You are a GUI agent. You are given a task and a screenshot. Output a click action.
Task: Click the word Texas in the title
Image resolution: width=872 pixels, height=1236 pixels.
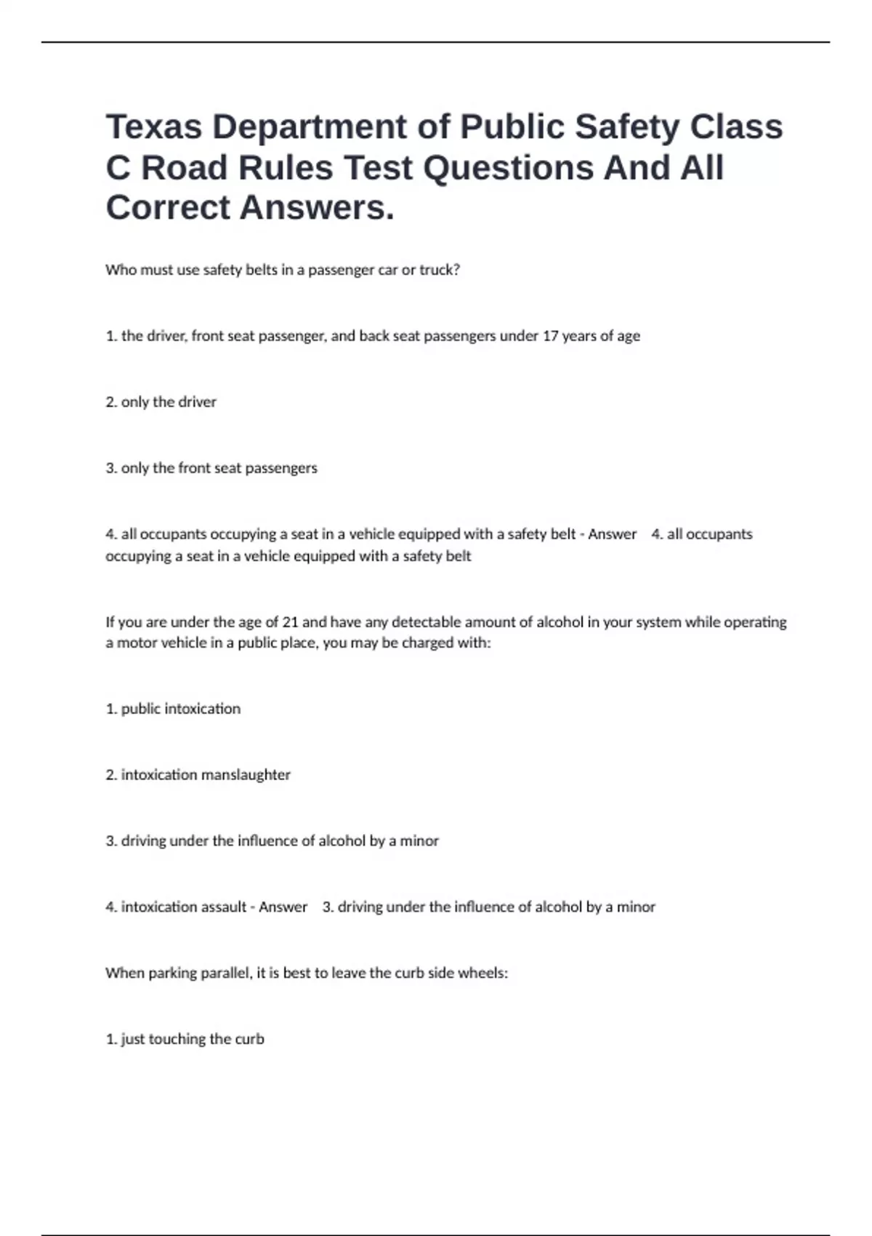tap(154, 127)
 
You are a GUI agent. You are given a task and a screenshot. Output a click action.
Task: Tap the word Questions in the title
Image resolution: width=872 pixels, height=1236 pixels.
tap(508, 168)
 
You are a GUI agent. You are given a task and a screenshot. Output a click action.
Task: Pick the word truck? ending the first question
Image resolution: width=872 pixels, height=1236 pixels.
tap(440, 270)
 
